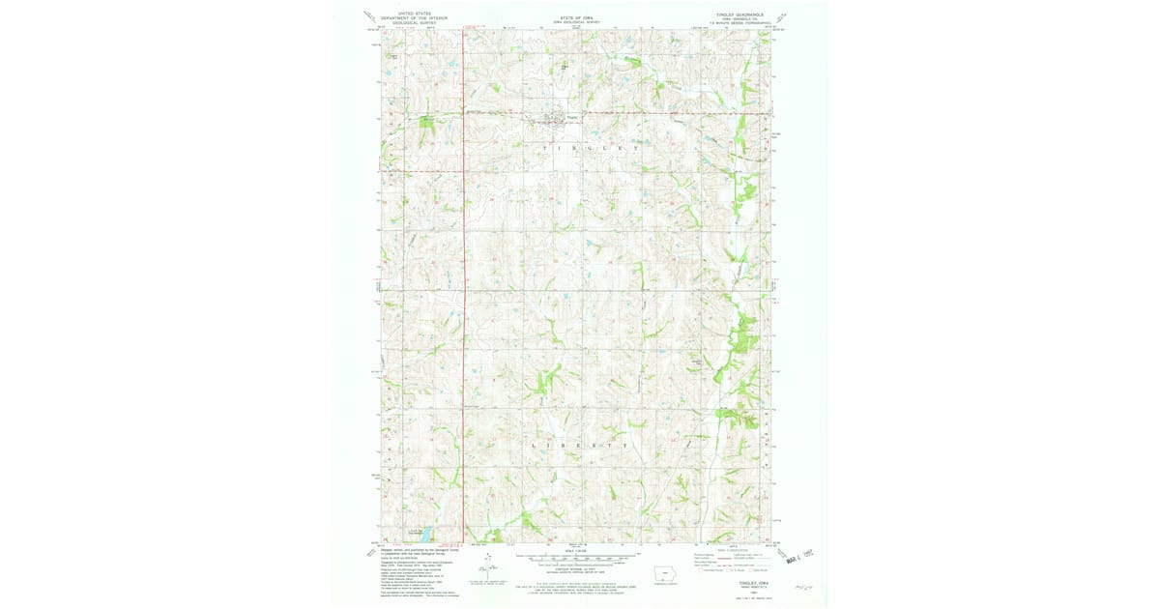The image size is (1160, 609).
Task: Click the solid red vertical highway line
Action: pos(464,290)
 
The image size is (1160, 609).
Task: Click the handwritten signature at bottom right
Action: pos(802,585)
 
